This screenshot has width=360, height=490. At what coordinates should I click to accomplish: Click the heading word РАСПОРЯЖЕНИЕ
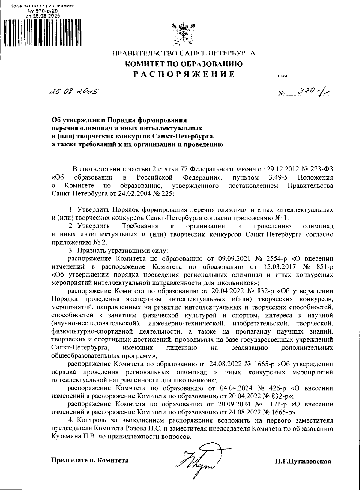(x=184, y=74)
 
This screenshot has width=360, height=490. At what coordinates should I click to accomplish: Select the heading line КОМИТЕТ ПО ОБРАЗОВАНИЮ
(x=184, y=64)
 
